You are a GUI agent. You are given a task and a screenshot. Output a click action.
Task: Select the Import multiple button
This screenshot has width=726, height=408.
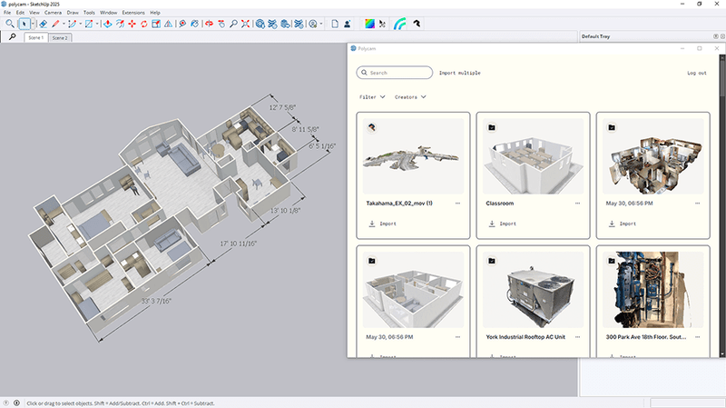pos(459,73)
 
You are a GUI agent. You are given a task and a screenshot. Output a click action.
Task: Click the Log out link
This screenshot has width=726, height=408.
pos(696,73)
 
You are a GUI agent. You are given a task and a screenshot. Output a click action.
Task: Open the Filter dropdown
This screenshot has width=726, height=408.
pos(372,96)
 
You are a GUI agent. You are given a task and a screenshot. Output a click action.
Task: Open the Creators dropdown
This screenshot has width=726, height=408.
pos(411,96)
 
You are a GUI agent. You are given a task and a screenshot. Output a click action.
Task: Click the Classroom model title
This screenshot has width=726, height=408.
pos(500,204)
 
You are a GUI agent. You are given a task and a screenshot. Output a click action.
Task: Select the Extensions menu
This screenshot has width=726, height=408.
pos(133,13)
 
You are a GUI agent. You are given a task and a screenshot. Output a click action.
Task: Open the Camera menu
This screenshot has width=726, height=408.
pos(53,13)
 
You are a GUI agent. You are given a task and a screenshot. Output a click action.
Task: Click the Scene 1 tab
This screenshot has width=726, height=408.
pos(34,38)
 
